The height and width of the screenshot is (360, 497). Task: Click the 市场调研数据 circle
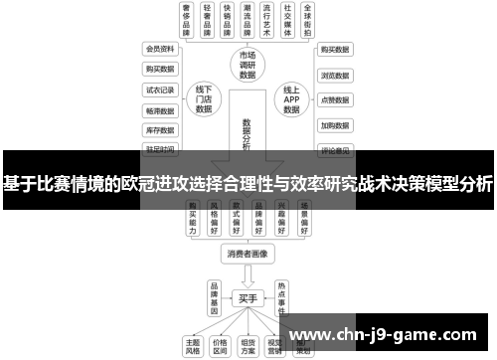point(247,65)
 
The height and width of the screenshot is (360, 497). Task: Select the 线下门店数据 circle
point(205,100)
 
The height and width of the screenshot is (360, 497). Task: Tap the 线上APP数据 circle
point(292,100)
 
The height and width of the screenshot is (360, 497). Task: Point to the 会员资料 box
point(160,48)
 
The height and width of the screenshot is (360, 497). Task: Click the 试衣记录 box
point(160,89)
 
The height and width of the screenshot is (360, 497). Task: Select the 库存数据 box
point(160,129)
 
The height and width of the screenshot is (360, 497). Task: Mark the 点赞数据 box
point(334,99)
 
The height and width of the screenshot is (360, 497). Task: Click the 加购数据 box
point(334,126)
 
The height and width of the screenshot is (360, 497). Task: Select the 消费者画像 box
point(246,253)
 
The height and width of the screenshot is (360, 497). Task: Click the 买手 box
point(247,296)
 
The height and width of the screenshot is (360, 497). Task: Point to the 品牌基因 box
point(213,295)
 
